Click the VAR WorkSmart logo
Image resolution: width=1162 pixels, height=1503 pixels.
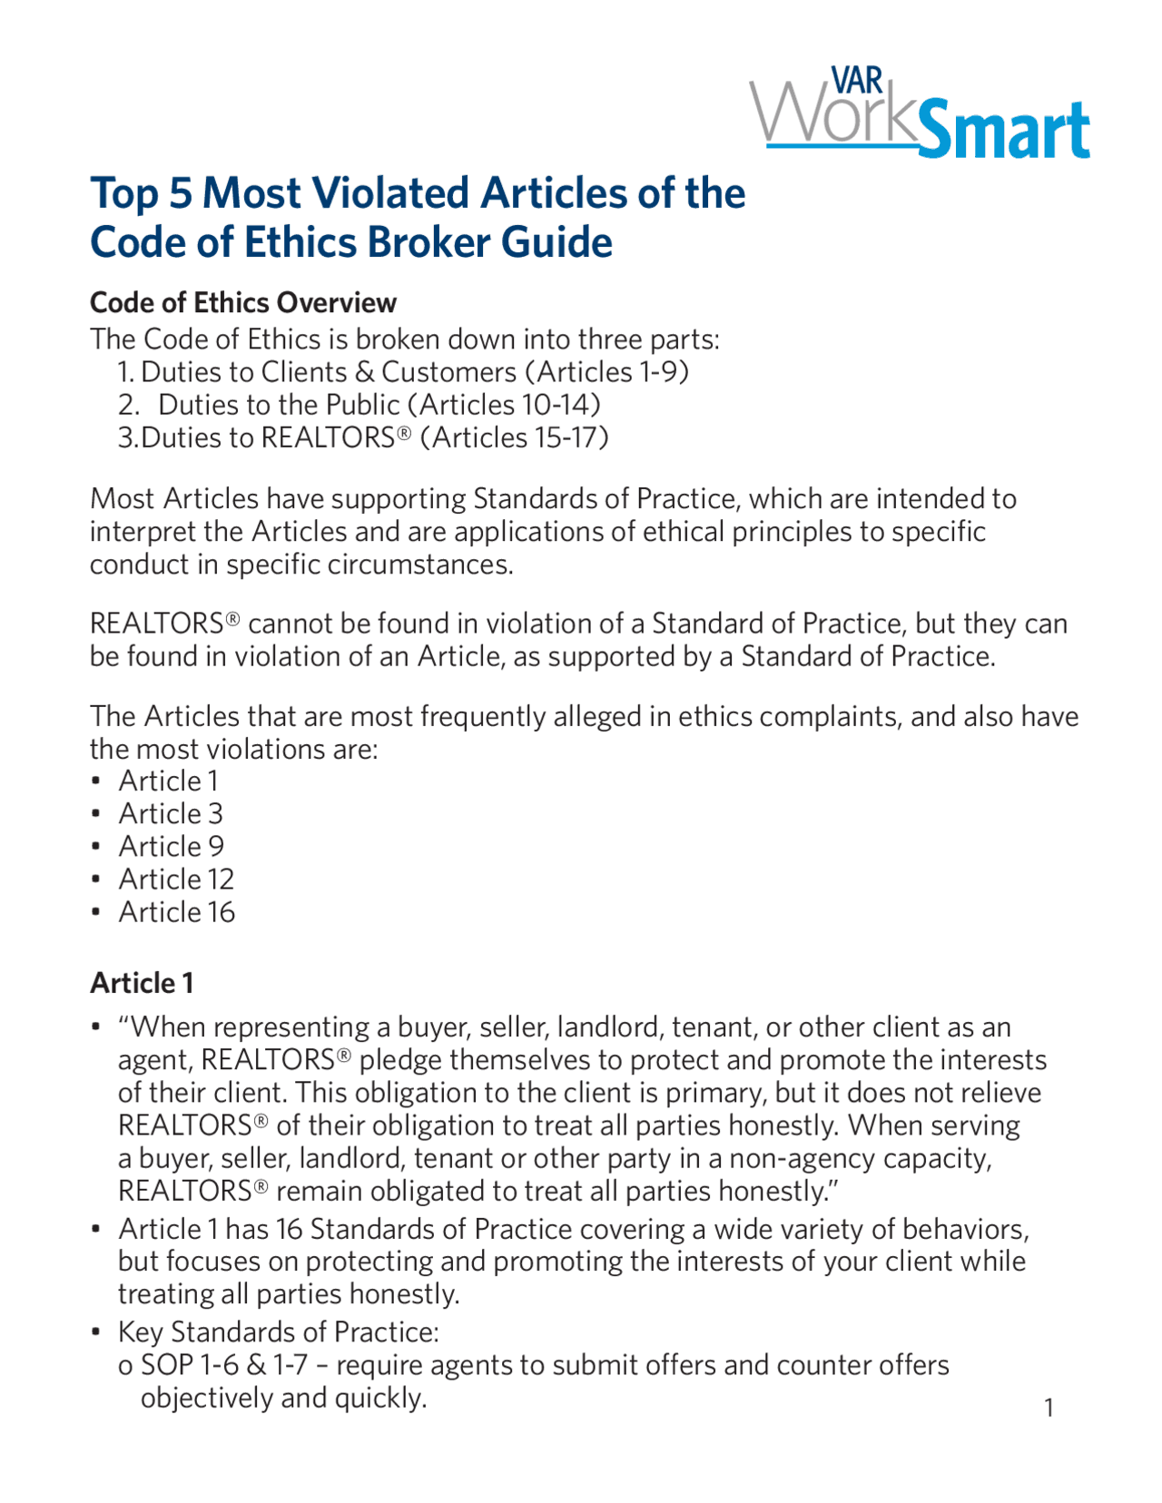[919, 114]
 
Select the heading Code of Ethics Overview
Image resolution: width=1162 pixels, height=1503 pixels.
[243, 302]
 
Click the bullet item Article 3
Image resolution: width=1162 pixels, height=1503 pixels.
[171, 813]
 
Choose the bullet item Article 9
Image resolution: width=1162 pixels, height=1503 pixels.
[171, 846]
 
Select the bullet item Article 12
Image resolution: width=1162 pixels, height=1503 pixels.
[176, 879]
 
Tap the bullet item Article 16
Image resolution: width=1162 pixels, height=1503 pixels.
[176, 911]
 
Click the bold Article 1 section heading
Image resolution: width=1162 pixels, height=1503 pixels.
[142, 983]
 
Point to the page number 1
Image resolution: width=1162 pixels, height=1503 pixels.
[1049, 1408]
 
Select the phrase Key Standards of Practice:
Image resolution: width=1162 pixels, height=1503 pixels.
[279, 1331]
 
